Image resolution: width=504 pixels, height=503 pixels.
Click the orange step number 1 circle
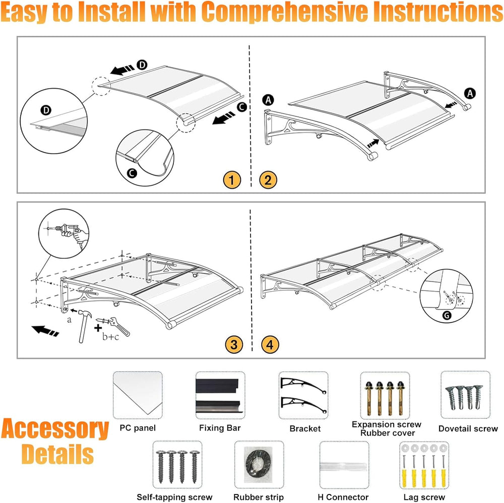[231, 180]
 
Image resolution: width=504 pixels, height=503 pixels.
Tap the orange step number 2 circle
[268, 180]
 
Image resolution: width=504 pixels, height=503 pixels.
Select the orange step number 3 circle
[234, 344]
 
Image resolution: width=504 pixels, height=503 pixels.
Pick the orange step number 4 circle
[270, 344]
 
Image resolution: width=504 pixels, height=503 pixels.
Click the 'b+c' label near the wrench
[110, 337]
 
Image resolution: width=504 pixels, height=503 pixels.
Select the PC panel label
[138, 428]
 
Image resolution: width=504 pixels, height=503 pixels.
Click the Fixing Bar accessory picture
[220, 395]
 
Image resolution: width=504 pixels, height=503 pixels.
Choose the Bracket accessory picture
[303, 395]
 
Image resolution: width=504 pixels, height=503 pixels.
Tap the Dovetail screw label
[468, 428]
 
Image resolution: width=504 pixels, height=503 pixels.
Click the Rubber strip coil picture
[259, 464]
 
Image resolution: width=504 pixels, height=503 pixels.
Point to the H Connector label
[343, 497]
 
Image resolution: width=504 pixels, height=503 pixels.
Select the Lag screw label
[424, 497]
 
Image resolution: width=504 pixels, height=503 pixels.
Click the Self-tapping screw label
[174, 497]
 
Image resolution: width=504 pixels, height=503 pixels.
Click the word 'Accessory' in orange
[55, 429]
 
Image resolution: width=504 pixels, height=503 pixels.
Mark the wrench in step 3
[119, 326]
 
